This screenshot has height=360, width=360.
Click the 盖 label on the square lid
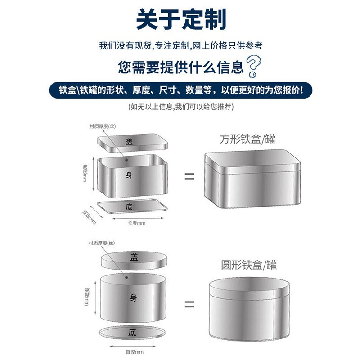click(130, 141)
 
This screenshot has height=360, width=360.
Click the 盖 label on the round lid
click(134, 257)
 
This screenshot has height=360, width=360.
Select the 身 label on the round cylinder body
click(133, 297)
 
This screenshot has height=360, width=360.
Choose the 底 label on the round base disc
click(132, 333)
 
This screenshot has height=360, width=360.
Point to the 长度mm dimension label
click(137, 223)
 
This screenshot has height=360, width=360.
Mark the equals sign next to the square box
click(190, 176)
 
